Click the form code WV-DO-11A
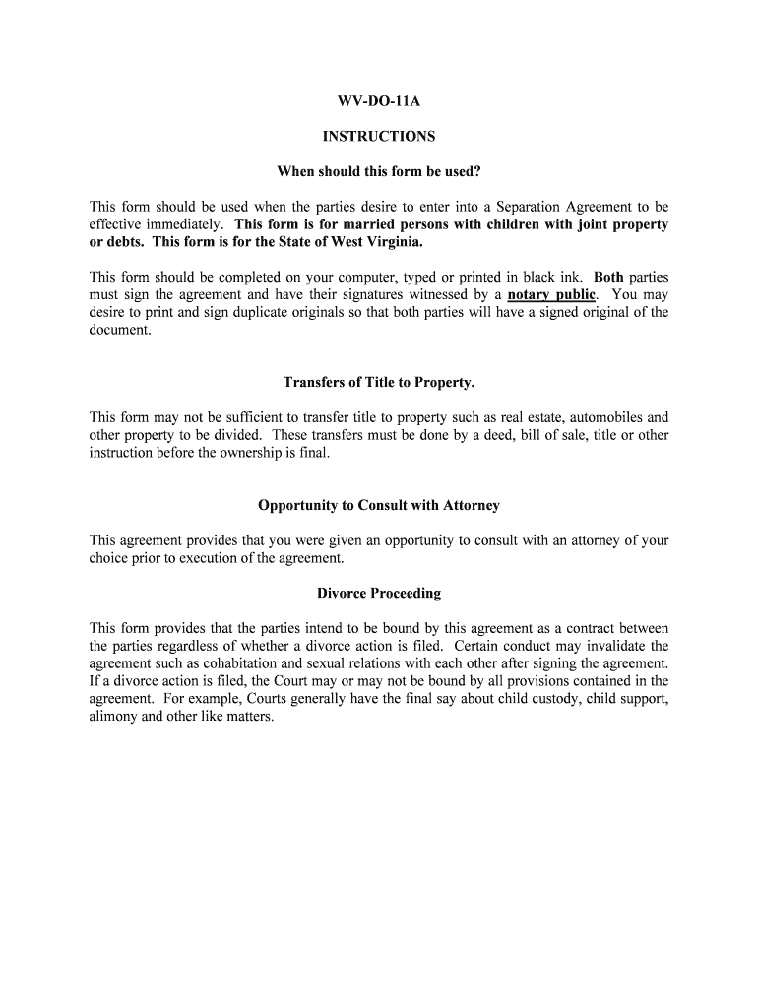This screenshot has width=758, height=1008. pyautogui.click(x=378, y=101)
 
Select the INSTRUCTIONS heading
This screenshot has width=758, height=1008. pyautogui.click(x=378, y=137)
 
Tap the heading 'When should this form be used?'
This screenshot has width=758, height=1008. pyautogui.click(x=378, y=172)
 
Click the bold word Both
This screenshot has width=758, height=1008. pyautogui.click(x=608, y=278)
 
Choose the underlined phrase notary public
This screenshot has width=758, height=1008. pyautogui.click(x=551, y=295)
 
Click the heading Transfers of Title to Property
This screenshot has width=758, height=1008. pyautogui.click(x=378, y=382)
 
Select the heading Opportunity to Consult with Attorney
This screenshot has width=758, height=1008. pyautogui.click(x=378, y=505)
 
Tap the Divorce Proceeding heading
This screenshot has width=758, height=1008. pyautogui.click(x=378, y=594)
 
